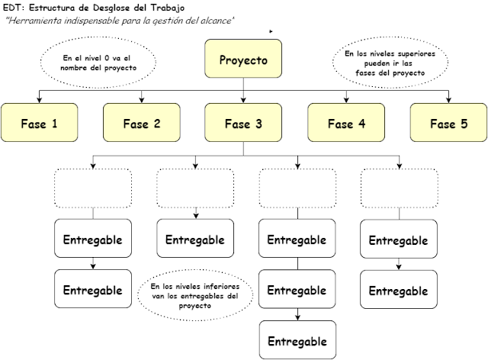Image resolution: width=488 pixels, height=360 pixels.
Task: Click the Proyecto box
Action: coord(243,60)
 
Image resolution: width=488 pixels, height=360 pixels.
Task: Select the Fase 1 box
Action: coord(40,123)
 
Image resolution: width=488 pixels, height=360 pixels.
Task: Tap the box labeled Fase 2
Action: coord(141,123)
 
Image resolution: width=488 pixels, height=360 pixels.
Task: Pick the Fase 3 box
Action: coord(243,123)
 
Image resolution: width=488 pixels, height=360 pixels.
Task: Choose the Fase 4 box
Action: coord(346,123)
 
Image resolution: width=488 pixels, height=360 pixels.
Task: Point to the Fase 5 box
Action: coord(448,123)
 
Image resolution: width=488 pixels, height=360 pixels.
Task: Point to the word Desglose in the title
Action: coord(109,7)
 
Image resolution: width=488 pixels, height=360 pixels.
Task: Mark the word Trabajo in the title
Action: coord(167,7)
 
